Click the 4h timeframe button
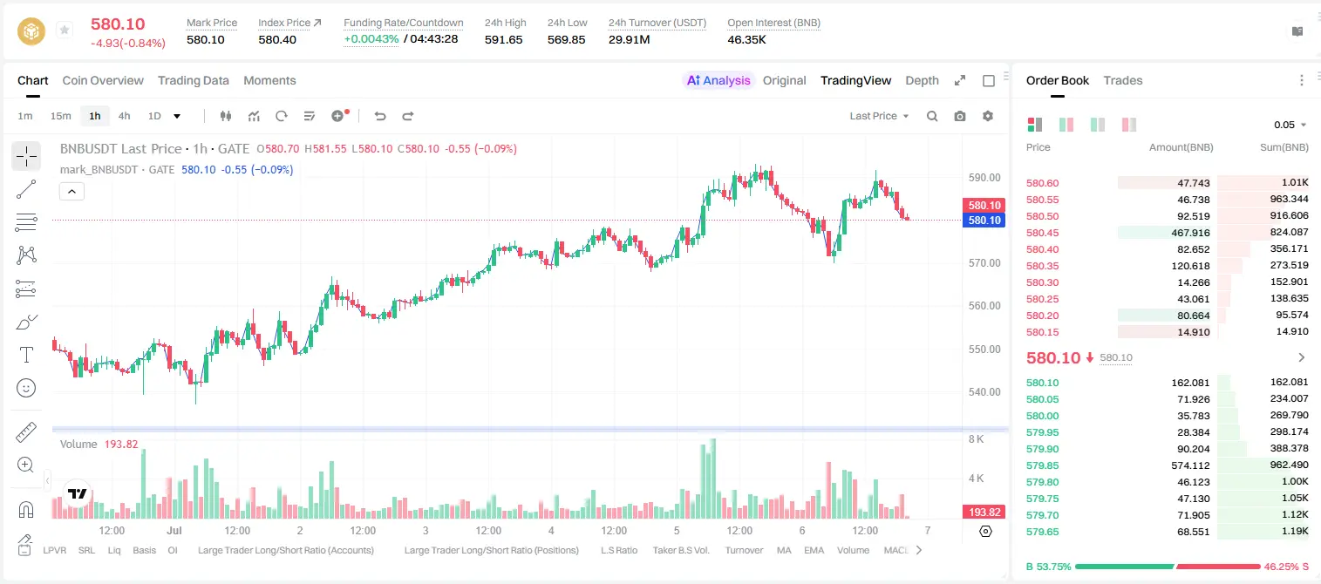click(124, 116)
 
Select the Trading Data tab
click(193, 80)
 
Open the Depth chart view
click(922, 80)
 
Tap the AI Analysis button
click(718, 80)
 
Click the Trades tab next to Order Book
click(1123, 80)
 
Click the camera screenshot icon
click(960, 116)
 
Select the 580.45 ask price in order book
click(1042, 233)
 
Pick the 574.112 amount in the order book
click(1190, 465)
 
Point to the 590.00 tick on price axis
click(984, 178)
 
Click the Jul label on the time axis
click(174, 530)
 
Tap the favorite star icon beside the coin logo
click(65, 30)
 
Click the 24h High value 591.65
click(504, 39)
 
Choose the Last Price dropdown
click(879, 116)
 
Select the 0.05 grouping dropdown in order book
click(1290, 125)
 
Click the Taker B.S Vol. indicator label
click(680, 550)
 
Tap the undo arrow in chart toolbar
click(380, 116)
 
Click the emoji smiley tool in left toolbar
click(26, 388)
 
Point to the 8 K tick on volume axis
click(976, 439)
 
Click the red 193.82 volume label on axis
click(984, 513)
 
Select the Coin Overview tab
click(103, 80)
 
